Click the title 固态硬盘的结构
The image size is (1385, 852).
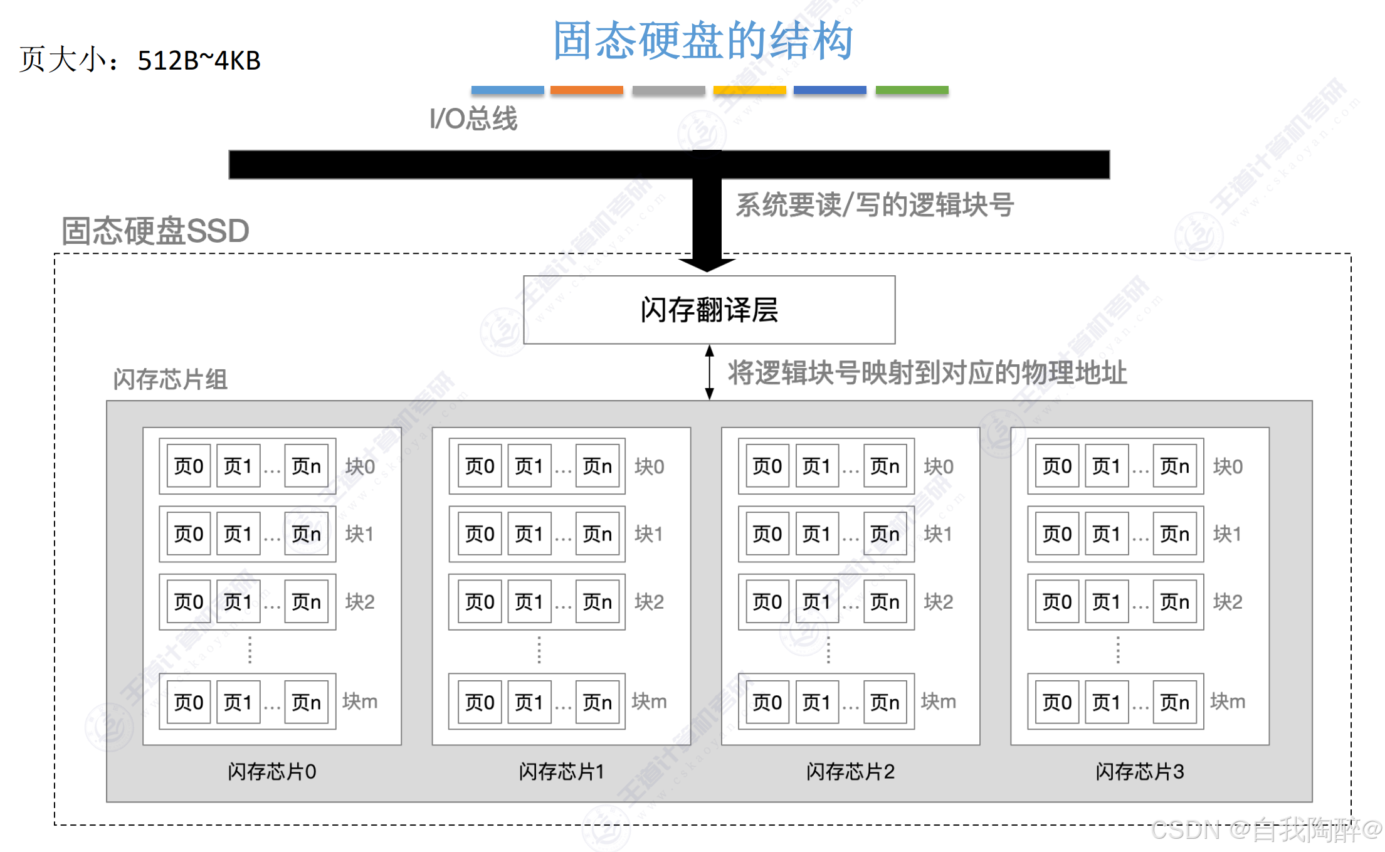(702, 41)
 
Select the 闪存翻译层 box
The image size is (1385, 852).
(709, 310)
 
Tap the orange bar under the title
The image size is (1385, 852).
(586, 90)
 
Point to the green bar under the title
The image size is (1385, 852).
(912, 90)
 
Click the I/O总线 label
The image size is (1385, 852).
(473, 118)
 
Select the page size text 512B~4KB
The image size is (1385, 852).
(199, 61)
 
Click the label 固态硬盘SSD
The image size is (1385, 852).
(155, 231)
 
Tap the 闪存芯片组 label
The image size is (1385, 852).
(170, 379)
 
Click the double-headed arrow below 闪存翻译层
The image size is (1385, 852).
(709, 372)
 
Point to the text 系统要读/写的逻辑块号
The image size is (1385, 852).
(875, 205)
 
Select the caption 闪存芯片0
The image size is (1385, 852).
(272, 771)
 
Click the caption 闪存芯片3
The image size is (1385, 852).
(1140, 771)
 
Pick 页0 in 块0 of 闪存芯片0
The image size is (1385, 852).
(189, 466)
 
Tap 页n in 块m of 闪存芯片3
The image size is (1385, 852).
(1174, 702)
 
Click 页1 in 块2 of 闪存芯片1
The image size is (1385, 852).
(529, 602)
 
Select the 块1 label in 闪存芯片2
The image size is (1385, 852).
(938, 534)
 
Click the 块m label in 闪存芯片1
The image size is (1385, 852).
(649, 702)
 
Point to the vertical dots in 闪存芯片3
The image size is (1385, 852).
(1118, 650)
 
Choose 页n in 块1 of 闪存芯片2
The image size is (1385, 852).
(885, 534)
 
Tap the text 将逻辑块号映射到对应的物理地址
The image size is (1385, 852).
(927, 373)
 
